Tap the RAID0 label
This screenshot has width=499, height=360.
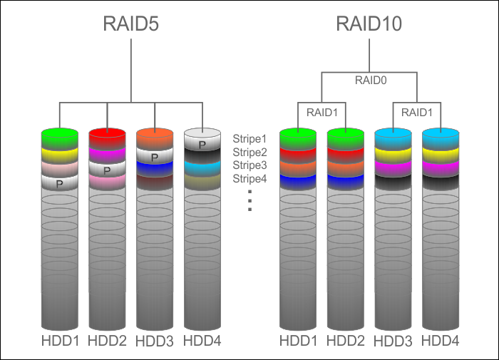tap(370, 81)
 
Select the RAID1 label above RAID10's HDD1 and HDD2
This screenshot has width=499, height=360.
tap(321, 112)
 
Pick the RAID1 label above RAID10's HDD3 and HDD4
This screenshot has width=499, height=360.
tap(416, 112)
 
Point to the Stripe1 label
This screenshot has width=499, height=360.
tap(249, 138)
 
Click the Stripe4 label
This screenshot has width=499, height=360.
tap(249, 178)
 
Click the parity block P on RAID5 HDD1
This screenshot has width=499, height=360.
tap(59, 183)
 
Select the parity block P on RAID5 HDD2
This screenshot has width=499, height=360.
tap(107, 171)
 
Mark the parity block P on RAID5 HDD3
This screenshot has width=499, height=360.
tap(155, 157)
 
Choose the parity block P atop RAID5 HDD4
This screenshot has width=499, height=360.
tap(202, 145)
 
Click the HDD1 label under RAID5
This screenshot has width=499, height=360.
tap(59, 341)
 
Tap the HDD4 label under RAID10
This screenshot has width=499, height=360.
tap(441, 341)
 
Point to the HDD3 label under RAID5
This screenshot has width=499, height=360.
tap(155, 341)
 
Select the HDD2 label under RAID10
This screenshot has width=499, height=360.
tap(345, 341)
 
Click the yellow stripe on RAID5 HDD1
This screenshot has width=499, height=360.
tap(59, 155)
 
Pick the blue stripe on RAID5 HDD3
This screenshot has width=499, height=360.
tap(155, 169)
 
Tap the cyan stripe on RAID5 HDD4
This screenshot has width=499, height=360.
tap(202, 169)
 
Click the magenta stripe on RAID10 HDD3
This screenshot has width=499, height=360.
tap(393, 169)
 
